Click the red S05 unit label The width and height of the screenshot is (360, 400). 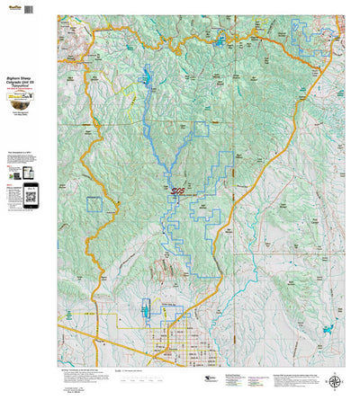pyautogui.click(x=176, y=191)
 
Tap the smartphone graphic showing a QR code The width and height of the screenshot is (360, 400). pyautogui.click(x=29, y=192)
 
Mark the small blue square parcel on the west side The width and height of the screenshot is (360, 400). pyautogui.click(x=94, y=203)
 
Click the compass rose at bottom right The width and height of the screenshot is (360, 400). pyautogui.click(x=336, y=380)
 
